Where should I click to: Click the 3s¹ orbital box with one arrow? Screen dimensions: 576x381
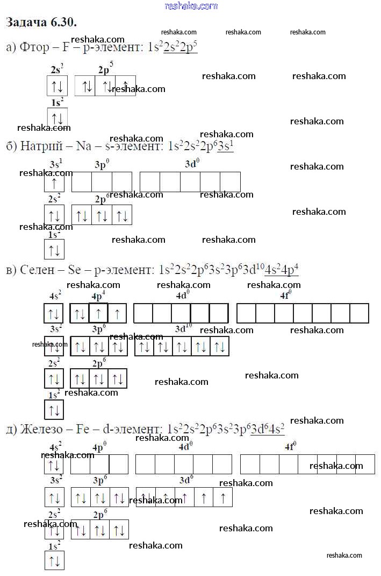coord(54,182)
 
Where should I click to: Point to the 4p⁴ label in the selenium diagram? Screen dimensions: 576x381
coord(99,296)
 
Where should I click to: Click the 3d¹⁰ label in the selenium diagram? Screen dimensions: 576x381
coord(183,328)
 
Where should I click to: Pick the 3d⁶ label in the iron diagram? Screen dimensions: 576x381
coord(186,479)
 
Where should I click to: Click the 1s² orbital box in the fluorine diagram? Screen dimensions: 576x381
coord(57,117)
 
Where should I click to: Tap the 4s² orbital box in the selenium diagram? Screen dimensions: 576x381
coord(54,313)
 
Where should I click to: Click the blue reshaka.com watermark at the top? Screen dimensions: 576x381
coord(191,6)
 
